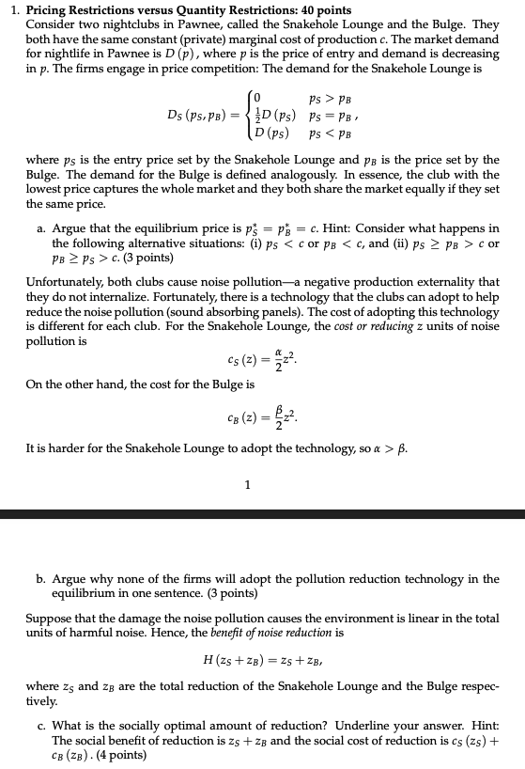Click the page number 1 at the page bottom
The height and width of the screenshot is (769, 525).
coord(247,485)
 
